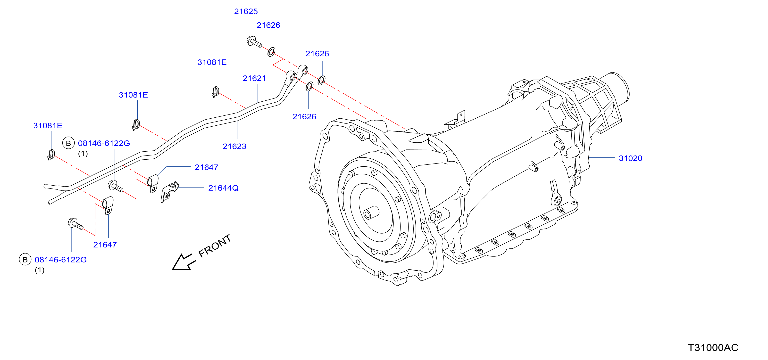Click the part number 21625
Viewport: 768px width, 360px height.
tap(246, 11)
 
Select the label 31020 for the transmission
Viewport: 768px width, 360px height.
tap(630, 158)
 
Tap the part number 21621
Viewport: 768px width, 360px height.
tap(254, 78)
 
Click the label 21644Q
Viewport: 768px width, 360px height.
tap(223, 188)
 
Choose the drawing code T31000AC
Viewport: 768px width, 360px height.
tap(713, 347)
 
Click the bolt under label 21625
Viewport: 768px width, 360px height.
tap(254, 41)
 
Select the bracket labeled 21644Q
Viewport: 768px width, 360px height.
tap(169, 192)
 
